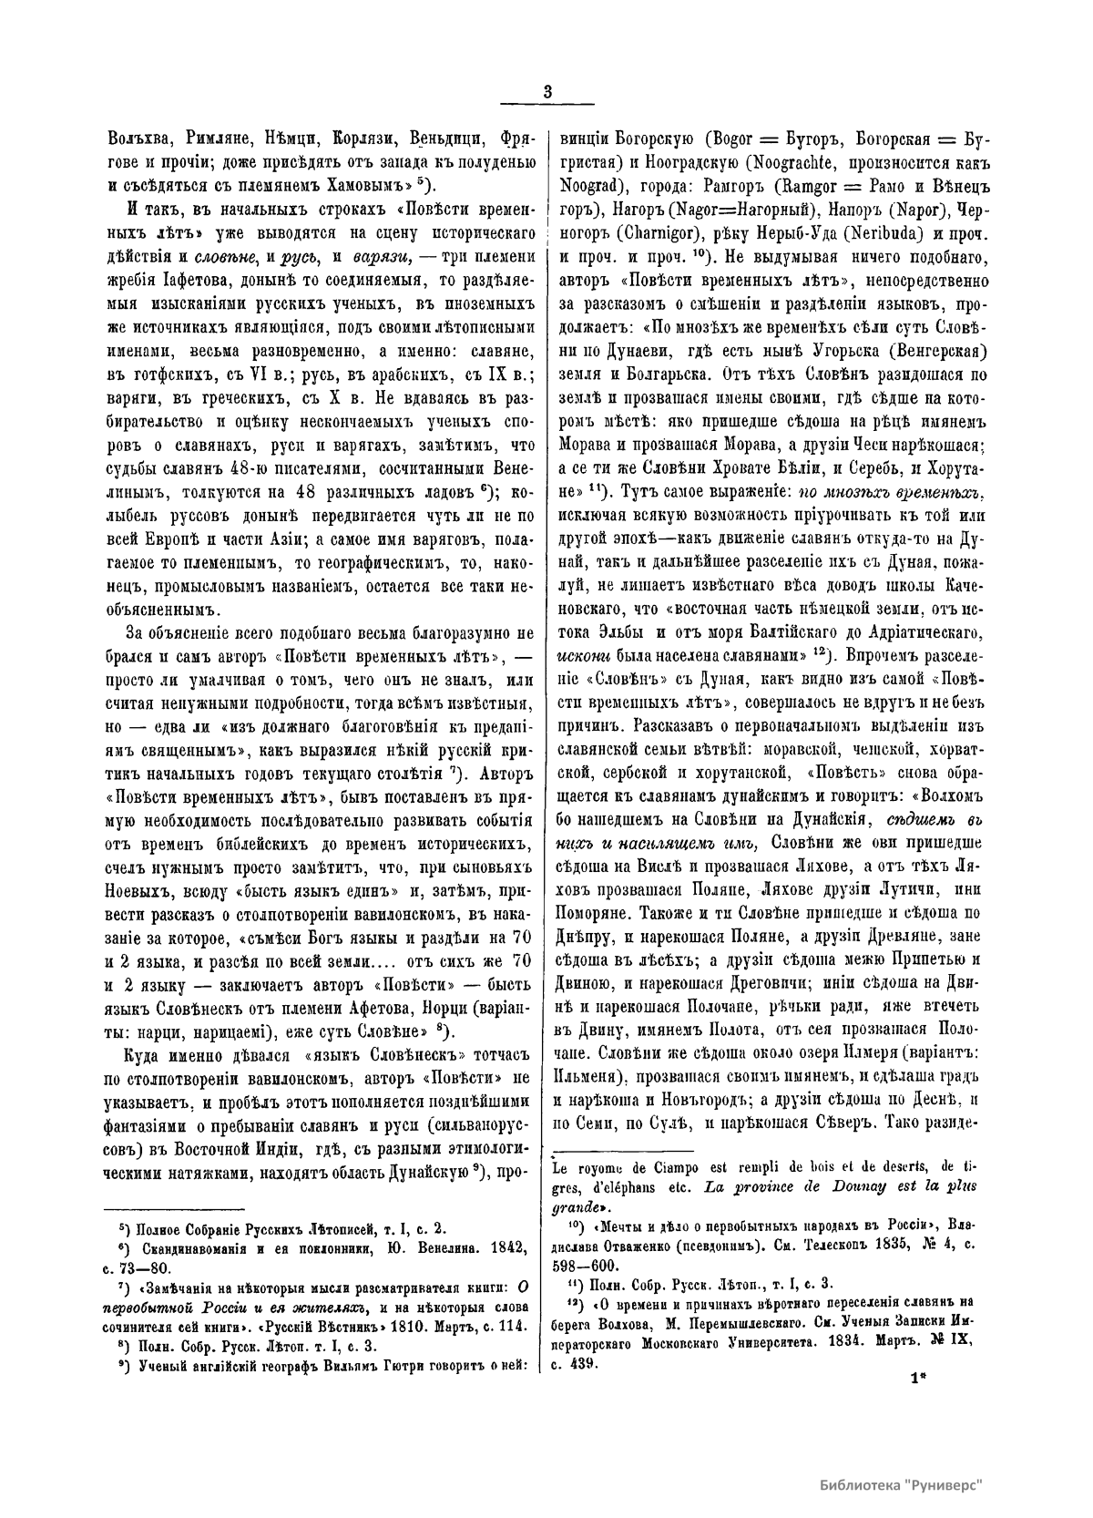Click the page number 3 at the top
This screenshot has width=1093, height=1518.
pyautogui.click(x=546, y=91)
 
